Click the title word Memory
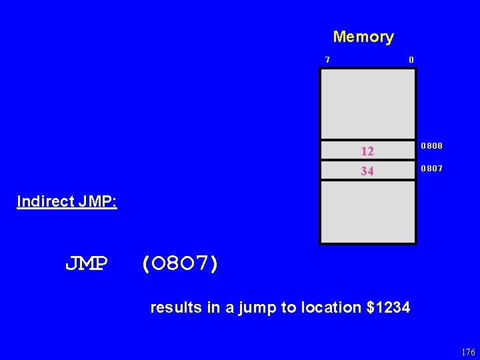[363, 37]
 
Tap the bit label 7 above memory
[327, 60]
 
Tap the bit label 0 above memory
[411, 60]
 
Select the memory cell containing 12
[368, 151]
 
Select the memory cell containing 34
[368, 171]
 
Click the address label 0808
[432, 146]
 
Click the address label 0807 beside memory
[432, 169]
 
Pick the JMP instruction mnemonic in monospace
[87, 265]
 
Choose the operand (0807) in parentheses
[179, 265]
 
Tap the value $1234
[389, 307]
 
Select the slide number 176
[467, 353]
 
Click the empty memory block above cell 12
[368, 103]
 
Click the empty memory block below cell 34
[368, 211]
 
